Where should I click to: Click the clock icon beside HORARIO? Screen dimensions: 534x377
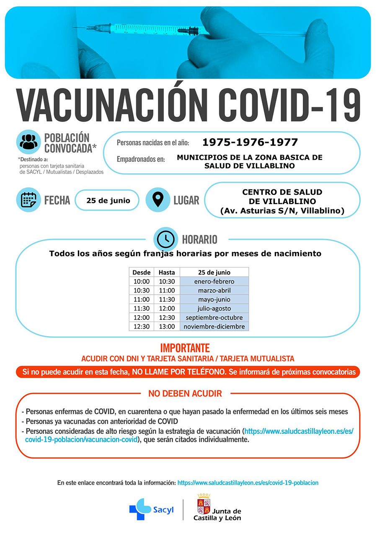166,239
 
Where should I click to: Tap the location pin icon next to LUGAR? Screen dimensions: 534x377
158,200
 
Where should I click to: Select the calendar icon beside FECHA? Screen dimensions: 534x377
28,200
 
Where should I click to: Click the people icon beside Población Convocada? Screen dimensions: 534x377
28,142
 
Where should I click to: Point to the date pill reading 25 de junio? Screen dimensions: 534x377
108,200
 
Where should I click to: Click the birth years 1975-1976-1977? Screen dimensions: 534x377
250,143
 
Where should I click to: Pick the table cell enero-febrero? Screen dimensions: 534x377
214,281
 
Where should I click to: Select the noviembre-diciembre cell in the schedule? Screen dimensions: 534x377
214,327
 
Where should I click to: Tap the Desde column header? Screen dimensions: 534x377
141,272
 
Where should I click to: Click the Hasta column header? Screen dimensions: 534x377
167,272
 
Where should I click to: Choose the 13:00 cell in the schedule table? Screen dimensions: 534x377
167,327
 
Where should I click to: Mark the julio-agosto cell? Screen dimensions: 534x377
214,308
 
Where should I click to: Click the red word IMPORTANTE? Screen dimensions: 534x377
185,348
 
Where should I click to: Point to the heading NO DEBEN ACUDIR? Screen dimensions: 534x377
185,394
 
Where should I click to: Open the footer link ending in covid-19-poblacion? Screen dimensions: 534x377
248,483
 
